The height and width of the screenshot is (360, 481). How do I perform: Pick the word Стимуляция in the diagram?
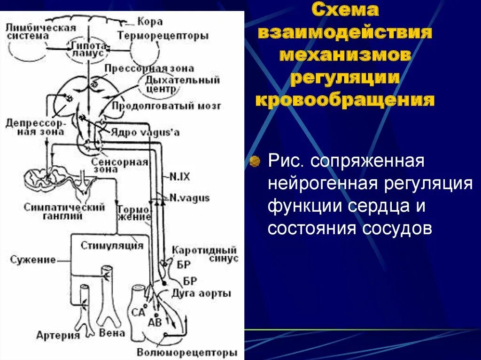tap(111, 245)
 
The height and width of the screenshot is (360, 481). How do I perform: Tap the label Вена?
tap(112, 333)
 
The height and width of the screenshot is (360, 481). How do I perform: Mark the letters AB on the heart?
tap(155, 322)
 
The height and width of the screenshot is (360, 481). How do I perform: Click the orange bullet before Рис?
tap(256, 161)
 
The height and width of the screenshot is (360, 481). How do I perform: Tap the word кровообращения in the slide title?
tap(344, 100)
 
